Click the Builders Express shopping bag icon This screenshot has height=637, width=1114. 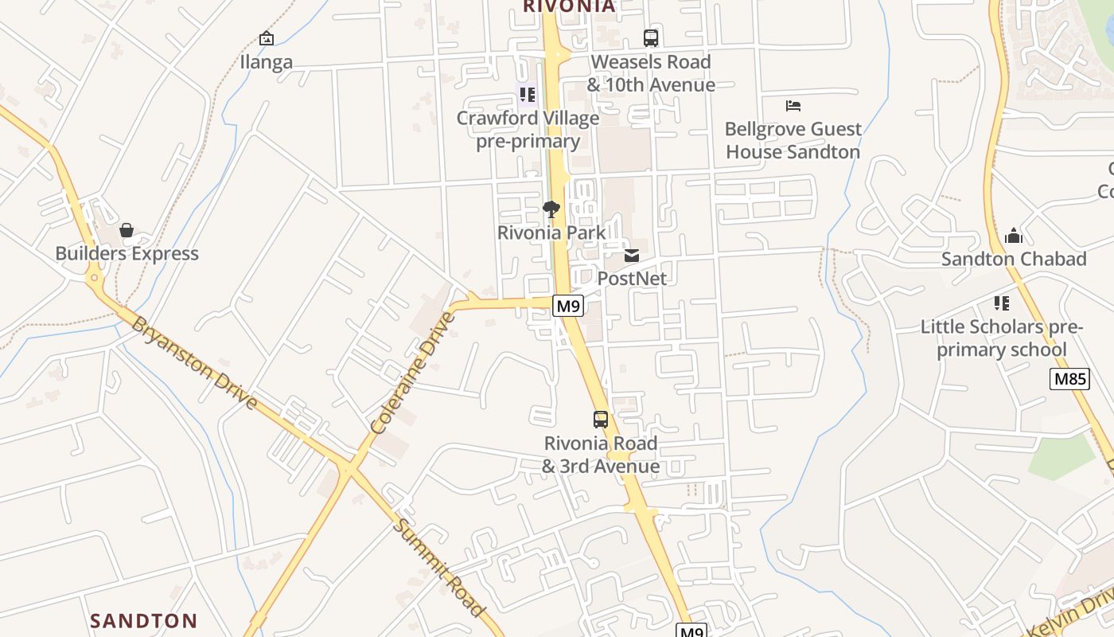(x=127, y=231)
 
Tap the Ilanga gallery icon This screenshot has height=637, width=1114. (x=267, y=38)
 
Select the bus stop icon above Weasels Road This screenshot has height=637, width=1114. (x=651, y=37)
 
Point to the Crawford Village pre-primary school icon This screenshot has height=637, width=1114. (x=527, y=96)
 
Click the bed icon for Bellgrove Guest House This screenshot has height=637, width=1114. (x=793, y=105)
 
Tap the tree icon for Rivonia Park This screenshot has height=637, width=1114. (x=551, y=209)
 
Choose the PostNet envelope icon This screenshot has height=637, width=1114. (x=632, y=256)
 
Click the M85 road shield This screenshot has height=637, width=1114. (x=1069, y=379)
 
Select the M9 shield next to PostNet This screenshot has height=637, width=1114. (x=569, y=306)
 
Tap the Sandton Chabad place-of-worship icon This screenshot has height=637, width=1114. (x=1013, y=236)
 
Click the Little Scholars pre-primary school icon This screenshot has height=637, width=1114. (x=1001, y=303)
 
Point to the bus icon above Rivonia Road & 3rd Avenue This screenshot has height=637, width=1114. (x=601, y=420)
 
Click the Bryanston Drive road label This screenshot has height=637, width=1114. (x=194, y=363)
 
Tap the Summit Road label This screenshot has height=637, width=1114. (x=439, y=567)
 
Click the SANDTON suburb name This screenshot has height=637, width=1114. (x=143, y=621)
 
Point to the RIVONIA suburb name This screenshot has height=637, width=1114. (x=569, y=6)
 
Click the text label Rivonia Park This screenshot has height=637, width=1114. (x=551, y=233)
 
